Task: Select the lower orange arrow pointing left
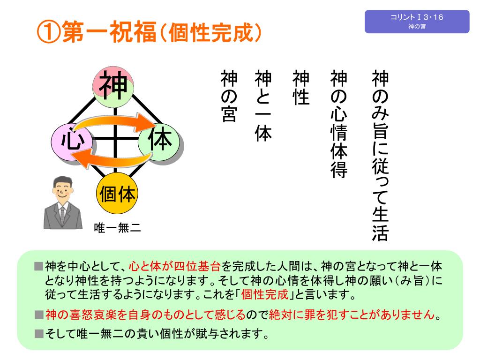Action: (115, 159)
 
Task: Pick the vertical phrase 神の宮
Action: (229, 96)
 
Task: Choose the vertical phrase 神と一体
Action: (263, 105)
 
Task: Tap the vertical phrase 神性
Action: (301, 88)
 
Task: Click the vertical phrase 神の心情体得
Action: (339, 124)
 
